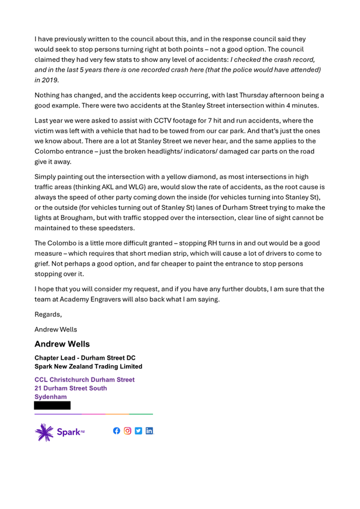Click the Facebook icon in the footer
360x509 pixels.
click(x=117, y=431)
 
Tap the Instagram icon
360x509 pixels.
click(x=127, y=431)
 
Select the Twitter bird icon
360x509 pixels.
click(x=139, y=431)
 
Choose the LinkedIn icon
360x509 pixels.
click(x=149, y=431)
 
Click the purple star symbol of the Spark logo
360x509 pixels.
click(x=44, y=432)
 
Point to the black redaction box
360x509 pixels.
click(x=52, y=406)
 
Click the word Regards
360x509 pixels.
click(x=47, y=314)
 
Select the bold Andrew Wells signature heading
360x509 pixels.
click(x=62, y=344)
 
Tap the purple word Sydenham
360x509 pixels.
click(x=51, y=397)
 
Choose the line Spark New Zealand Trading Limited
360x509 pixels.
click(x=89, y=366)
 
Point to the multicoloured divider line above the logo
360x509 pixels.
click(x=93, y=414)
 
